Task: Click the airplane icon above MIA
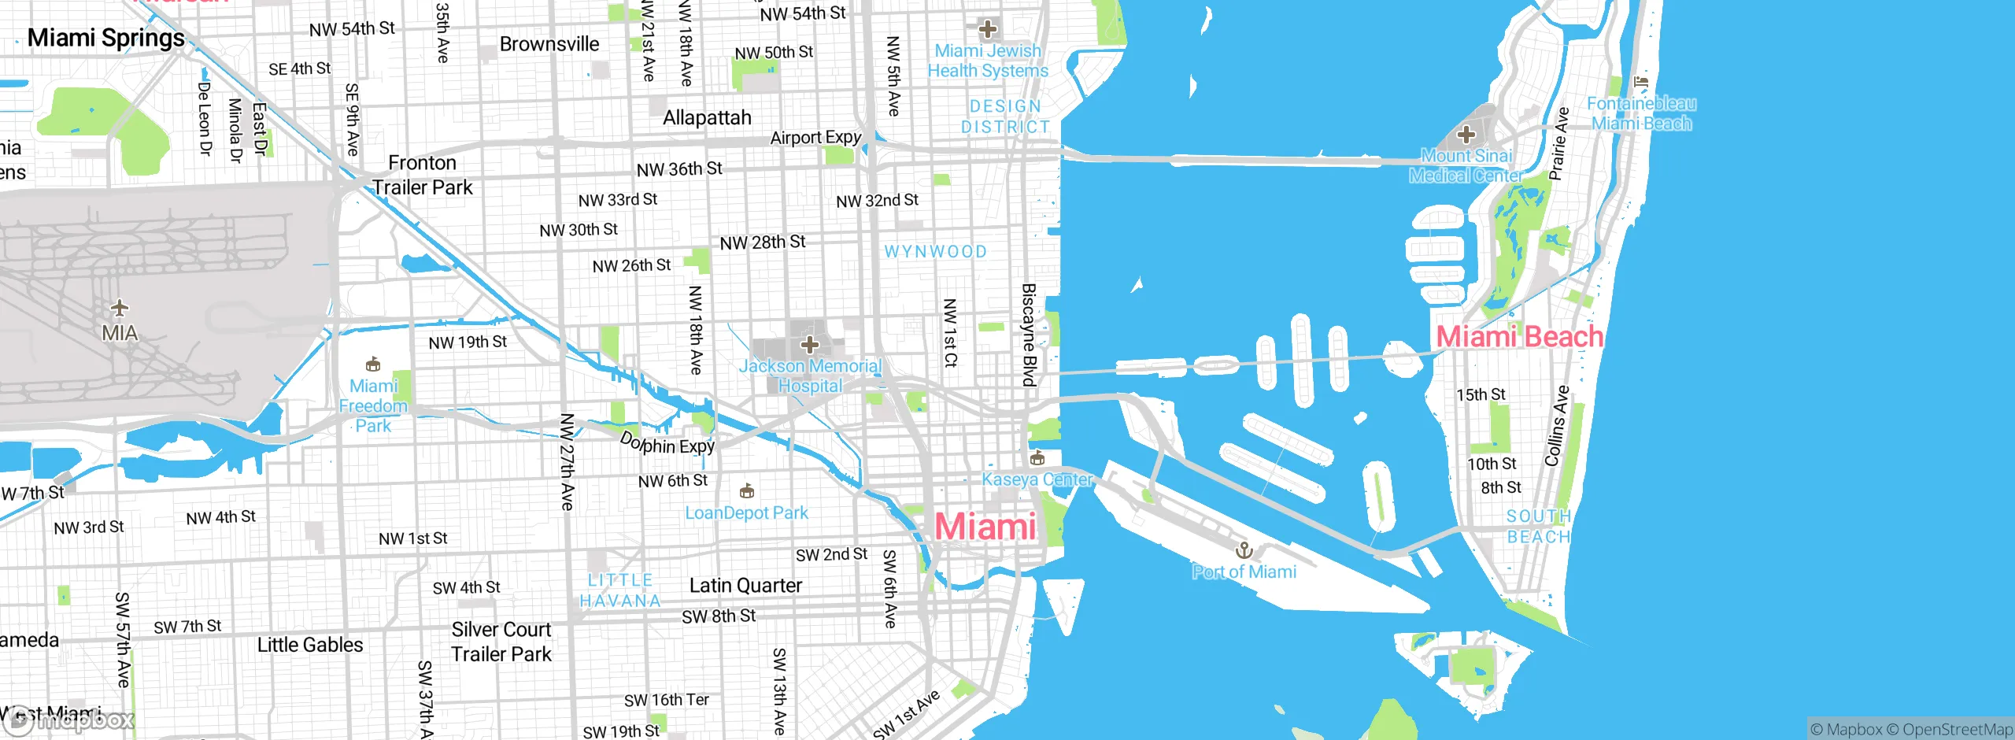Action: pos(120,307)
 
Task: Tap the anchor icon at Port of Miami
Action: pos(1244,549)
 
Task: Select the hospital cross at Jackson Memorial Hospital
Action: pos(810,344)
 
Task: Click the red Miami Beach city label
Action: pos(1519,337)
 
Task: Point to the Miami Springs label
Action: pos(105,38)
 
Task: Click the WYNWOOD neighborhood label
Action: pos(935,252)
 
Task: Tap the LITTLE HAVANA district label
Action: pos(620,590)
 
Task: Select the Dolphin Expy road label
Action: pos(667,444)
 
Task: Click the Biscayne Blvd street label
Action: pos(1029,335)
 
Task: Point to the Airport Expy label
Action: pos(815,138)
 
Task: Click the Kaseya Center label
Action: pos(1037,479)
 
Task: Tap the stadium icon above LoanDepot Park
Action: pos(747,492)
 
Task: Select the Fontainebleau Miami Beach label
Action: pos(1641,113)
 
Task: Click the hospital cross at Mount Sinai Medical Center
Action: pos(1466,135)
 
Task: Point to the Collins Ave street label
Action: pos(1557,426)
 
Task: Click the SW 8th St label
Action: pos(718,616)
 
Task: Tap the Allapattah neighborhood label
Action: pos(707,118)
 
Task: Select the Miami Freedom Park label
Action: pos(373,406)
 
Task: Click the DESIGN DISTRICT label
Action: pos(1005,117)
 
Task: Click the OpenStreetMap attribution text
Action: pos(1957,730)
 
